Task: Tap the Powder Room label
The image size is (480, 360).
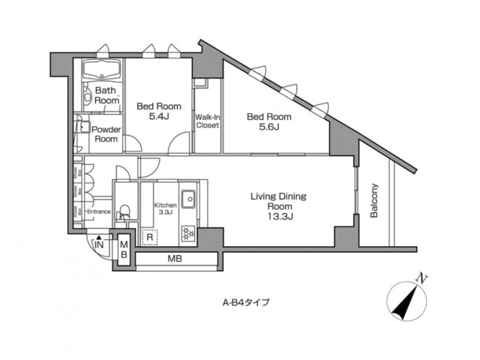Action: [x=106, y=134]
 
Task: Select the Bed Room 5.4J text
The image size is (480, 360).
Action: [x=158, y=112]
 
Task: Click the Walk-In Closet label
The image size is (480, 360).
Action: [x=207, y=121]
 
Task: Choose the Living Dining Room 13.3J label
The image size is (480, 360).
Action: [x=279, y=205]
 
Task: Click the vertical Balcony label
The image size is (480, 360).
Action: [x=373, y=201]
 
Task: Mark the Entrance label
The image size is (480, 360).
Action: [x=98, y=212]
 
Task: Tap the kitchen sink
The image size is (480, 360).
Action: [x=187, y=200]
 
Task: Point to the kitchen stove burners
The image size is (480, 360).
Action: [x=187, y=233]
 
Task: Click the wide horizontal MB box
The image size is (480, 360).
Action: [x=173, y=259]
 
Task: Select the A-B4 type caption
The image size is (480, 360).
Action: [x=244, y=302]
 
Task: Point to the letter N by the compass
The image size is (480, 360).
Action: [x=424, y=279]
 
